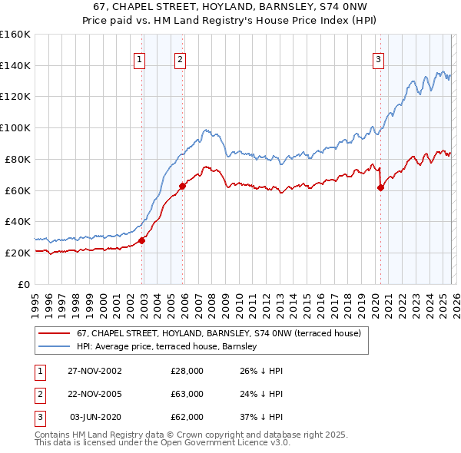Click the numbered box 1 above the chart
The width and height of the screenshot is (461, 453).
[140, 60]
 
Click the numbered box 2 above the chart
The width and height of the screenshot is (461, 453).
[180, 60]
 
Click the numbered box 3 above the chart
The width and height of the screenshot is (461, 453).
[379, 60]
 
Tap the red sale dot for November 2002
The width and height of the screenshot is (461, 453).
[142, 240]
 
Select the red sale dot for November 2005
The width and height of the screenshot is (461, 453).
[183, 185]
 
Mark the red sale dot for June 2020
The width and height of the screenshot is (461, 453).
[380, 187]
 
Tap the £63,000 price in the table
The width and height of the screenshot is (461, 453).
[187, 393]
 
